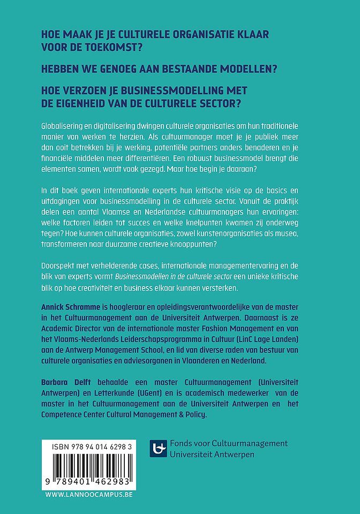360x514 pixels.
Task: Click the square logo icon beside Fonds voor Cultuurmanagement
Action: point(158,448)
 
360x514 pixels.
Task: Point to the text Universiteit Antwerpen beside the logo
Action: point(212,454)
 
